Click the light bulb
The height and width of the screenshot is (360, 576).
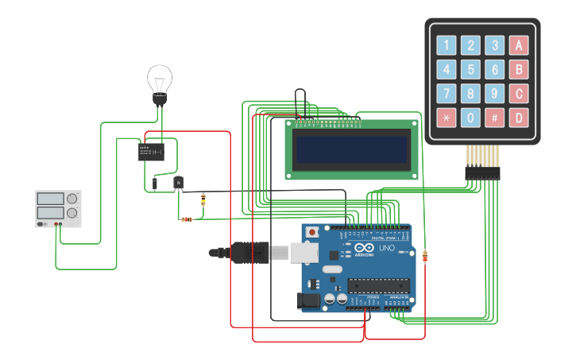[x=160, y=82]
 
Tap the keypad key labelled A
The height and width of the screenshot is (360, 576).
[x=519, y=45]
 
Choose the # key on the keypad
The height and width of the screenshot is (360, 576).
[x=495, y=118]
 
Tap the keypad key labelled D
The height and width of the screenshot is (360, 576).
[x=519, y=118]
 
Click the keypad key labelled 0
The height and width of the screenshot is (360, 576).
[x=471, y=118]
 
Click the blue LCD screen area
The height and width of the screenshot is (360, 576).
[x=351, y=149]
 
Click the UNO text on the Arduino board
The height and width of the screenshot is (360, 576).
[x=386, y=248]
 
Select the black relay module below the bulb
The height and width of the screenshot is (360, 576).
[x=151, y=151]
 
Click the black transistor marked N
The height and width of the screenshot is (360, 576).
[x=179, y=184]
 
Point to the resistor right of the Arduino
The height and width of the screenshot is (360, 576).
[x=425, y=256]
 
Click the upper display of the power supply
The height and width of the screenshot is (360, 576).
[x=50, y=198]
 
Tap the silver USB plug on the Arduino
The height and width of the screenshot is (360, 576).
[x=303, y=252]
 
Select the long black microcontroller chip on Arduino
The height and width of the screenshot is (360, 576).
[x=377, y=286]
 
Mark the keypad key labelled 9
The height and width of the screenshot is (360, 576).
[x=495, y=94]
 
